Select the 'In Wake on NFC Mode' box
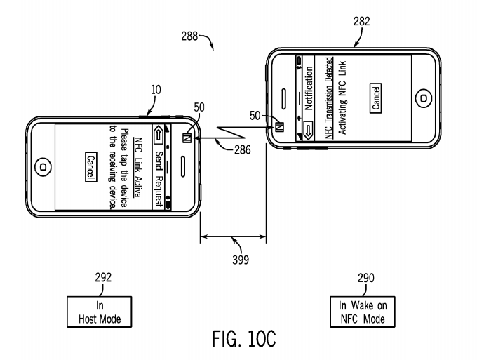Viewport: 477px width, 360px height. coord(363,309)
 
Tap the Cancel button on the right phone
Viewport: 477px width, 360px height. coord(376,93)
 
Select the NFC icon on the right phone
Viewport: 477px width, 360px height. coord(280,127)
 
